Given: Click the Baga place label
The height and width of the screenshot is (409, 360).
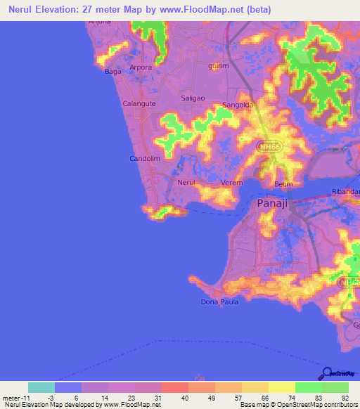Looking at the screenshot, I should pos(112,71).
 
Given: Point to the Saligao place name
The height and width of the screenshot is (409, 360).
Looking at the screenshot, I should pos(193,98).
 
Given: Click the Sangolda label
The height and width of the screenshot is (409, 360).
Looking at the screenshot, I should pos(237,105).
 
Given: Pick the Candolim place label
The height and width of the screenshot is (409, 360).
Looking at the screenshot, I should pos(146,159).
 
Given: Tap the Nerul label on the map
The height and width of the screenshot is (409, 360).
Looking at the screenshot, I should pos(186,182).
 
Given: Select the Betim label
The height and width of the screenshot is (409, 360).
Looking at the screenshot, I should pos(283,184).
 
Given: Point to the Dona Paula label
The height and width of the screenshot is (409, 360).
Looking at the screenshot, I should pos(220,302).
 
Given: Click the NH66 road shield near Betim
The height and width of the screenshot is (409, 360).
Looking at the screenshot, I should pos(267,146).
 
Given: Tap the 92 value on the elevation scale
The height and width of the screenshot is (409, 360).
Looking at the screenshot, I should pos(345,397).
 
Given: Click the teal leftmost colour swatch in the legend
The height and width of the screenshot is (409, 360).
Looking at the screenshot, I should pos(41,387).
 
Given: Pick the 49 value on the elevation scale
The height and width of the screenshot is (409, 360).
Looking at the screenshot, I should pos(211,397).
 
